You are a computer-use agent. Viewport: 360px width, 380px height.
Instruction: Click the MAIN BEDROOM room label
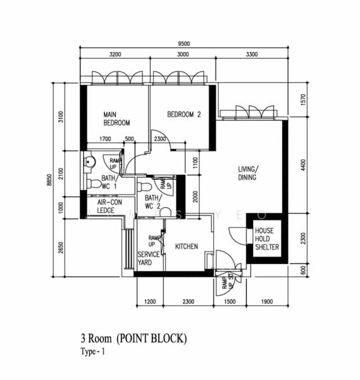pos(117,118)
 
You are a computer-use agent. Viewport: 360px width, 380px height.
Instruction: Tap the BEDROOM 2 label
pos(183,115)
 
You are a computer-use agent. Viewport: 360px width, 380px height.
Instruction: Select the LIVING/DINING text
pos(247,173)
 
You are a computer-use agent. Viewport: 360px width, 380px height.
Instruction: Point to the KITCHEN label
pos(187,246)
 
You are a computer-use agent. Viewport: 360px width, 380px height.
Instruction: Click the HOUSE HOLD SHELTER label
pos(264,239)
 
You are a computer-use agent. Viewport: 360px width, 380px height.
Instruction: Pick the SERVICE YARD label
pos(149,258)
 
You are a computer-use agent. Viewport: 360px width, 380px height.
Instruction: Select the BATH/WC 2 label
pos(152,201)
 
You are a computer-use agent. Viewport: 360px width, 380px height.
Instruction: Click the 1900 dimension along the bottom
pos(267,302)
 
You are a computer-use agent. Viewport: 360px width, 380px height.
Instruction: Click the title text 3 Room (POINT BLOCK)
pos(133,339)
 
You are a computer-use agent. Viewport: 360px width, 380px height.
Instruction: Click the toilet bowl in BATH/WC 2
pos(144,187)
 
